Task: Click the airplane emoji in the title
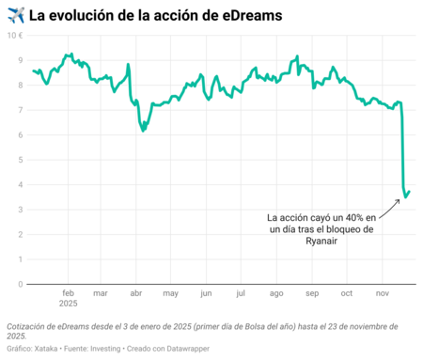coord(14,14)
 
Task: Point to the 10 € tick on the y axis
coord(16,35)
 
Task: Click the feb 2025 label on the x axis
coord(68,298)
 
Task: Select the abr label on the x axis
coord(135,293)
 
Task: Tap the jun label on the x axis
coord(206,293)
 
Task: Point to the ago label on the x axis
coord(275,293)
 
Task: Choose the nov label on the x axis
coord(381,293)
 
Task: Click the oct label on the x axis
coord(346,293)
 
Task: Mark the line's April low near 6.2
coord(142,131)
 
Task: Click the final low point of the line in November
coord(406,196)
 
